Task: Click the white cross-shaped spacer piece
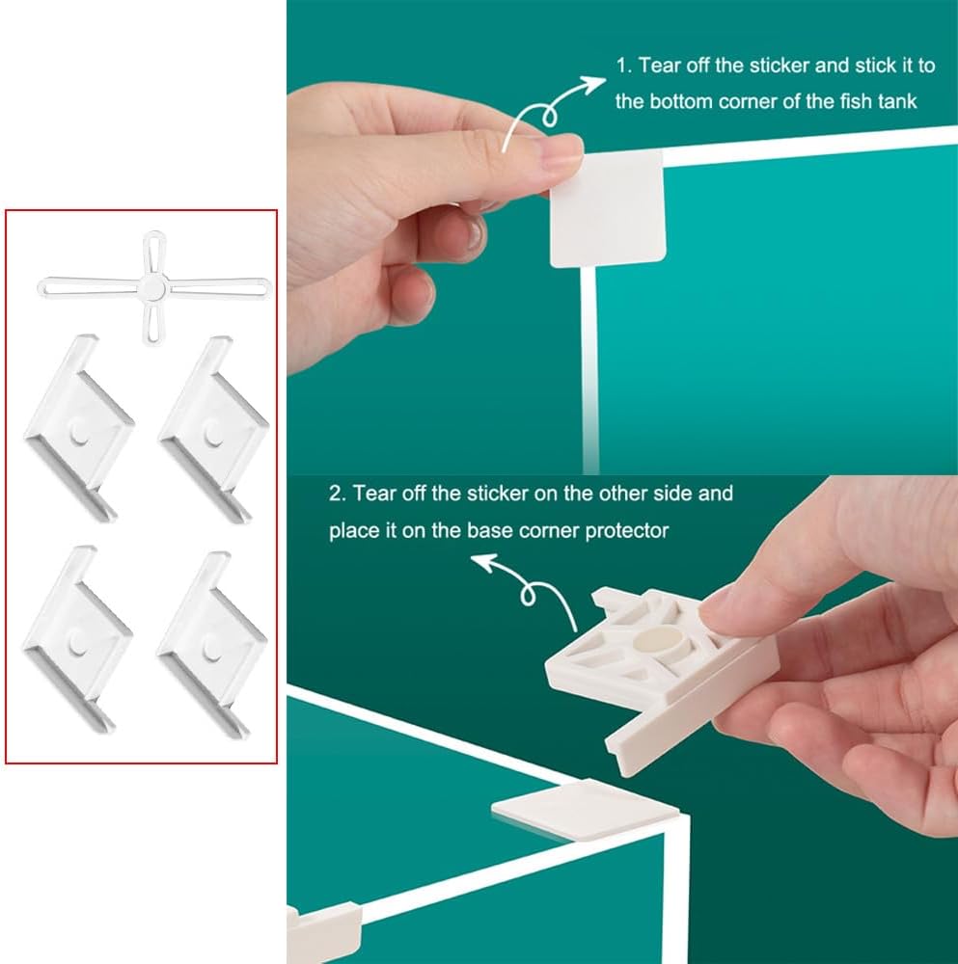click(x=153, y=287)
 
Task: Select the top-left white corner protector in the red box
click(x=78, y=428)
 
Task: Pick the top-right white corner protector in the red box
click(x=213, y=429)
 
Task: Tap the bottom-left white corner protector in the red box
click(x=77, y=639)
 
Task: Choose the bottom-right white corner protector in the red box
click(x=211, y=644)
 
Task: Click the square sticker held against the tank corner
click(x=607, y=209)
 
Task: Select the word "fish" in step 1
click(x=856, y=101)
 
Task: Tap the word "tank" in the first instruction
click(x=897, y=101)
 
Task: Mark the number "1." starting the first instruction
click(x=624, y=66)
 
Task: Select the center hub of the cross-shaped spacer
click(x=152, y=287)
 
